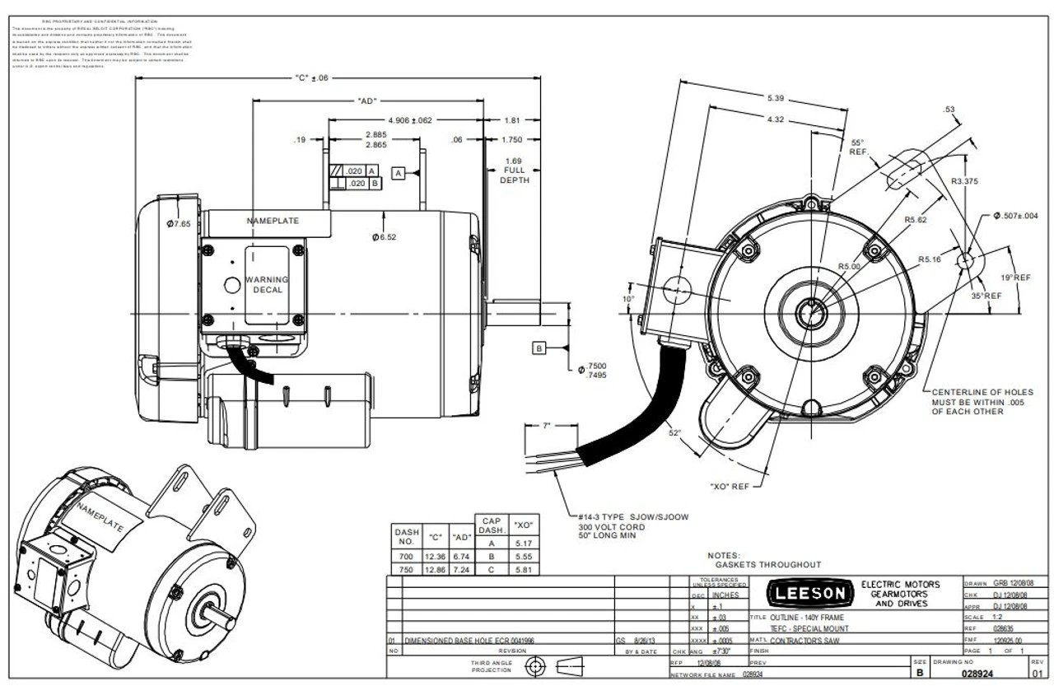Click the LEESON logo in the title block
pyautogui.click(x=806, y=593)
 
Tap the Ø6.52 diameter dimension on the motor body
pyautogui.click(x=385, y=237)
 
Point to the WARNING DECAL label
pyautogui.click(x=267, y=284)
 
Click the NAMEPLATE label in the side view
pyautogui.click(x=273, y=221)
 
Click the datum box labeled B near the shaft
pyautogui.click(x=539, y=348)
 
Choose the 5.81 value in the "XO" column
pyautogui.click(x=522, y=568)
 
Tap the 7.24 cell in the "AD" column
pyautogui.click(x=461, y=568)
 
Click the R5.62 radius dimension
pyautogui.click(x=916, y=219)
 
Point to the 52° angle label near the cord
pyautogui.click(x=674, y=432)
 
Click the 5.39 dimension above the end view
pyautogui.click(x=775, y=98)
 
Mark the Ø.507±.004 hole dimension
pyautogui.click(x=1014, y=216)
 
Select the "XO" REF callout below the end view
pyautogui.click(x=730, y=487)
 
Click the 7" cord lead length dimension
pyautogui.click(x=546, y=427)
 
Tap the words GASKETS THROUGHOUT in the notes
pyautogui.click(x=767, y=564)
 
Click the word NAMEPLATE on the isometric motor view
pyautogui.click(x=100, y=517)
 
